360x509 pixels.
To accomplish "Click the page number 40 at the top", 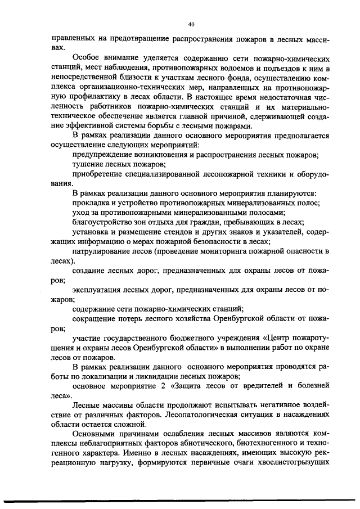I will pyautogui.click(x=191, y=24).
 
